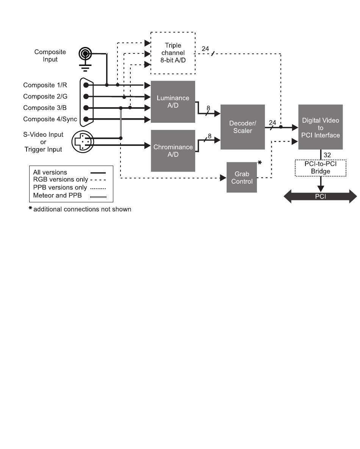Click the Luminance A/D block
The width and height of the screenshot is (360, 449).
(173, 102)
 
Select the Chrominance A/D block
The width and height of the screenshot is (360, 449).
(173, 151)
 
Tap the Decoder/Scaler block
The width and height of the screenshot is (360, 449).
(243, 127)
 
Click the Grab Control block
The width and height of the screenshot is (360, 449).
(242, 178)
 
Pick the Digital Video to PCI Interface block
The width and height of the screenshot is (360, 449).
(321, 127)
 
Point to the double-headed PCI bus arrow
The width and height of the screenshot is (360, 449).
(321, 196)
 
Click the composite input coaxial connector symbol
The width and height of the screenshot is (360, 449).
(85, 53)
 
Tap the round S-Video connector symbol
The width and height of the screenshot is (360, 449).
(83, 141)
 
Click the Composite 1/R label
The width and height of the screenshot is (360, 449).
(45, 85)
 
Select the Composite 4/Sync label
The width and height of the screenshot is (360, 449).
(50, 119)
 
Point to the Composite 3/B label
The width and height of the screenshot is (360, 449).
(45, 108)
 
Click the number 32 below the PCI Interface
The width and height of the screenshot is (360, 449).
(327, 155)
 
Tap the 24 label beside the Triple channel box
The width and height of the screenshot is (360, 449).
(205, 48)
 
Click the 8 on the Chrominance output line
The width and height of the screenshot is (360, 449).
(210, 136)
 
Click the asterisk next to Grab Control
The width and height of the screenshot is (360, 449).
(260, 163)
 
